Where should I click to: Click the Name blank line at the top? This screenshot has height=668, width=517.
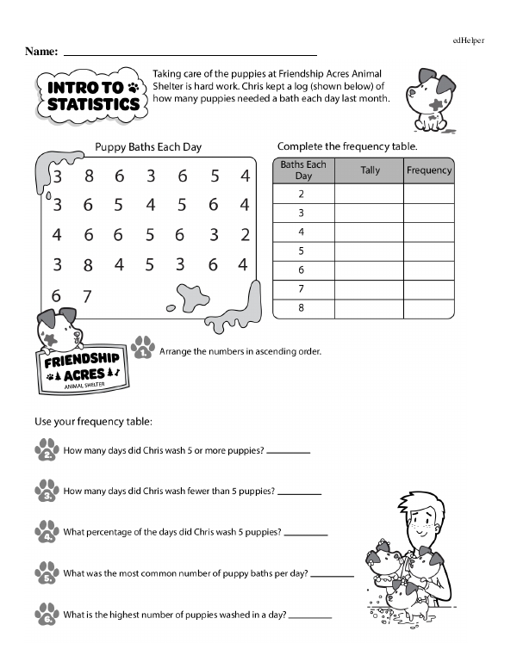coord(190,53)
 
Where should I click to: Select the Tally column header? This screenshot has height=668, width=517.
coord(370,170)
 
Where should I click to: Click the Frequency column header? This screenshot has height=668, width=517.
coord(429,170)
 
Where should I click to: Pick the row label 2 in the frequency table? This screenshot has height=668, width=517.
coord(302,194)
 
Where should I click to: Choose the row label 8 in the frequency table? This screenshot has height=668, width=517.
coord(302,307)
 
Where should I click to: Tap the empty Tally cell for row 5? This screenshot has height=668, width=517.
coord(370,251)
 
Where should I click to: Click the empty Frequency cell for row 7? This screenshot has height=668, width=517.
coord(429,288)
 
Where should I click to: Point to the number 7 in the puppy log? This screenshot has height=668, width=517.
coord(86,296)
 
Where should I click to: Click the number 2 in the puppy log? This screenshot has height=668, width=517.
coord(245,234)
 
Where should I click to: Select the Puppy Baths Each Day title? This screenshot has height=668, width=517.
coord(148,147)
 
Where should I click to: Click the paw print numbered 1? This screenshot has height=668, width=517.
coord(144,349)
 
